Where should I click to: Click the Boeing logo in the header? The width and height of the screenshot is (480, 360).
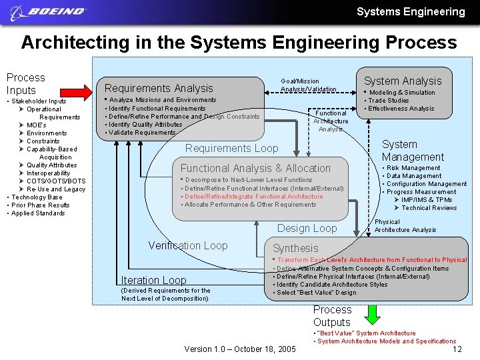click(49, 11)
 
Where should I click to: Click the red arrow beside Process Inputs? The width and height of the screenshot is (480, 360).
click(82, 90)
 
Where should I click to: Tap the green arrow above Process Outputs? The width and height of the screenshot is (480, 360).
click(373, 313)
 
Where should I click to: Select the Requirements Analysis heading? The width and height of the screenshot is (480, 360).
click(159, 88)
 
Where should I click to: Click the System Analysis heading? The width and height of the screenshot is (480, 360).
click(402, 81)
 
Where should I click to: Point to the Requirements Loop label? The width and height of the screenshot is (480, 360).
click(231, 148)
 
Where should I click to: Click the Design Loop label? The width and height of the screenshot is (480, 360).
click(307, 228)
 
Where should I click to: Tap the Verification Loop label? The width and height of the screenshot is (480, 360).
click(188, 245)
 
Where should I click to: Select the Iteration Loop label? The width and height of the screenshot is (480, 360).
click(153, 280)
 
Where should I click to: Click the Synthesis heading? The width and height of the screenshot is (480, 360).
click(295, 248)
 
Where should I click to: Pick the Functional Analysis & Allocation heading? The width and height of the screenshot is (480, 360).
click(255, 168)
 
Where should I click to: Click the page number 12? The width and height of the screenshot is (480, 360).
click(457, 349)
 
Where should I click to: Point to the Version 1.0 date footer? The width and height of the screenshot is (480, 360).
click(239, 349)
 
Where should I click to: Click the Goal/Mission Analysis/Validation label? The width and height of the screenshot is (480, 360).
click(308, 85)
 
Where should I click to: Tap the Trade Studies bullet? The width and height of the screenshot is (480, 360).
click(389, 101)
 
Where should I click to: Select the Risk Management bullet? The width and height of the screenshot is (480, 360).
click(413, 168)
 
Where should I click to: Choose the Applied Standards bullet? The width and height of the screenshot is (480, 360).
click(38, 213)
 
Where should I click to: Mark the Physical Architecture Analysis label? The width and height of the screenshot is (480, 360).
click(405, 226)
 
